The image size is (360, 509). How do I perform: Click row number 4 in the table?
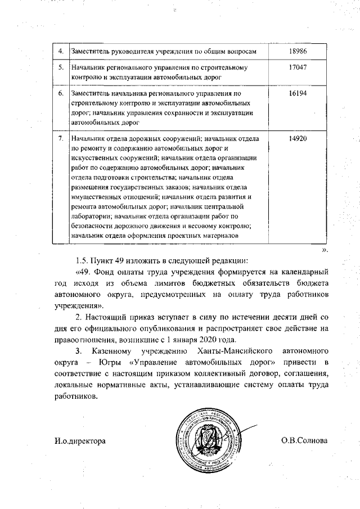click(61, 51)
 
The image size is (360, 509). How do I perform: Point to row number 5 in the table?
click(61, 67)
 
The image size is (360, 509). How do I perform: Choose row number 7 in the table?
click(61, 138)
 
